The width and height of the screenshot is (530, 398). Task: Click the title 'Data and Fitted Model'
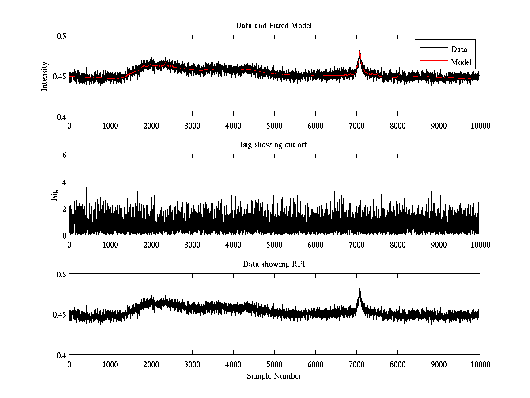pyautogui.click(x=274, y=26)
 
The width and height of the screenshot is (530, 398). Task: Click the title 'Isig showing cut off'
pyautogui.click(x=274, y=145)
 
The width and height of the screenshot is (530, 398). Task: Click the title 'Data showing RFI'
pyautogui.click(x=274, y=264)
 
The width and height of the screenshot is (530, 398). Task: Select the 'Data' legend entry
pyautogui.click(x=459, y=50)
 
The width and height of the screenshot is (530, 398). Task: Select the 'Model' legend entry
pyautogui.click(x=461, y=62)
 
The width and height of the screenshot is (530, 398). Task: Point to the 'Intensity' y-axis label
pyautogui.click(x=44, y=76)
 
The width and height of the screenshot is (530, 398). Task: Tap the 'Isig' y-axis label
pyautogui.click(x=54, y=195)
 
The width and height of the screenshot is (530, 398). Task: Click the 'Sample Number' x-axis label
pyautogui.click(x=274, y=376)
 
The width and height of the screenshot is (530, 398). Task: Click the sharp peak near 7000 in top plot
pyautogui.click(x=360, y=50)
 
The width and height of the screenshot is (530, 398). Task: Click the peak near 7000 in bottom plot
pyautogui.click(x=360, y=288)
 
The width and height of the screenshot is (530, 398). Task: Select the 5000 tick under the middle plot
pyautogui.click(x=274, y=245)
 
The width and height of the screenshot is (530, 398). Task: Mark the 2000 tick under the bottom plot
pyautogui.click(x=151, y=364)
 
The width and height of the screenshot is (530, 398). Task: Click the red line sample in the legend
pyautogui.click(x=431, y=62)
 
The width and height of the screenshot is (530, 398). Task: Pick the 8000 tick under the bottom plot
pyautogui.click(x=397, y=364)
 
